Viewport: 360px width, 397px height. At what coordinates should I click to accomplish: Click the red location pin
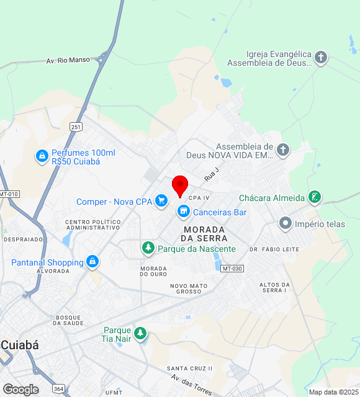[x=180, y=185]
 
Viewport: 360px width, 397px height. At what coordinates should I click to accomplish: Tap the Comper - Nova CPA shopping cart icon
[x=161, y=200]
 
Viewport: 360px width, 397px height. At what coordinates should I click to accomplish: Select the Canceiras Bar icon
[x=183, y=212]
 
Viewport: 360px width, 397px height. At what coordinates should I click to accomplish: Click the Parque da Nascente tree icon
[x=148, y=249]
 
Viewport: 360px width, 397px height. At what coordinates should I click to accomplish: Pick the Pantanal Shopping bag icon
[x=92, y=262]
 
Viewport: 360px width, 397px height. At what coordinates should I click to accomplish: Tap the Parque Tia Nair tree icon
[x=140, y=334]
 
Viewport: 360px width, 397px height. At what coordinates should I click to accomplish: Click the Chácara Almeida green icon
[x=315, y=198]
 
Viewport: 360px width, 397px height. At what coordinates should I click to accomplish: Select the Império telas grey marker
[x=285, y=223]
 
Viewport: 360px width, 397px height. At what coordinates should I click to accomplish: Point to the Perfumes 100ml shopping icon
[x=42, y=156]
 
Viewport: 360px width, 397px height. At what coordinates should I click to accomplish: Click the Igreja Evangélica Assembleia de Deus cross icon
[x=320, y=58]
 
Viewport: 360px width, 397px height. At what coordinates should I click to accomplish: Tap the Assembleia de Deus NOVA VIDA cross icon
[x=283, y=149]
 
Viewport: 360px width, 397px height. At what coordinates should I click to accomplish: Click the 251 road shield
[x=76, y=127]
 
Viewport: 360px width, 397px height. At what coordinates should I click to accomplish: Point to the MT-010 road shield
[x=9, y=194]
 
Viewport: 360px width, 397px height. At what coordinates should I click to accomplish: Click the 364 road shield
[x=58, y=388]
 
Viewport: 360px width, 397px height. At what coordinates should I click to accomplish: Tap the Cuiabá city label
[x=20, y=346]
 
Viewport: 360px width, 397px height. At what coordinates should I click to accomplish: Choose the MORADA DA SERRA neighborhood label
[x=204, y=233]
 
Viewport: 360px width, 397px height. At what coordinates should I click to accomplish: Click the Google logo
[x=20, y=389]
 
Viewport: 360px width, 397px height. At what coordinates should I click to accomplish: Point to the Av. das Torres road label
[x=192, y=384]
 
